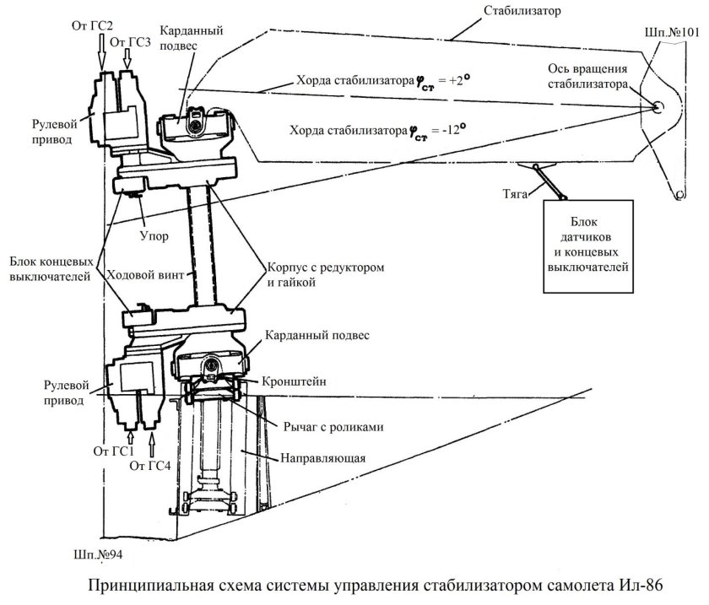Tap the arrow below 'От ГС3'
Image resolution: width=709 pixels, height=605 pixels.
click(127, 58)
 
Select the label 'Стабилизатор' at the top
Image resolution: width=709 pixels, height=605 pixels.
click(524, 13)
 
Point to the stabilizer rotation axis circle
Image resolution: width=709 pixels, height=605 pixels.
click(657, 106)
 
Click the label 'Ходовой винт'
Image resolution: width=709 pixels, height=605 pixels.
click(141, 274)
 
